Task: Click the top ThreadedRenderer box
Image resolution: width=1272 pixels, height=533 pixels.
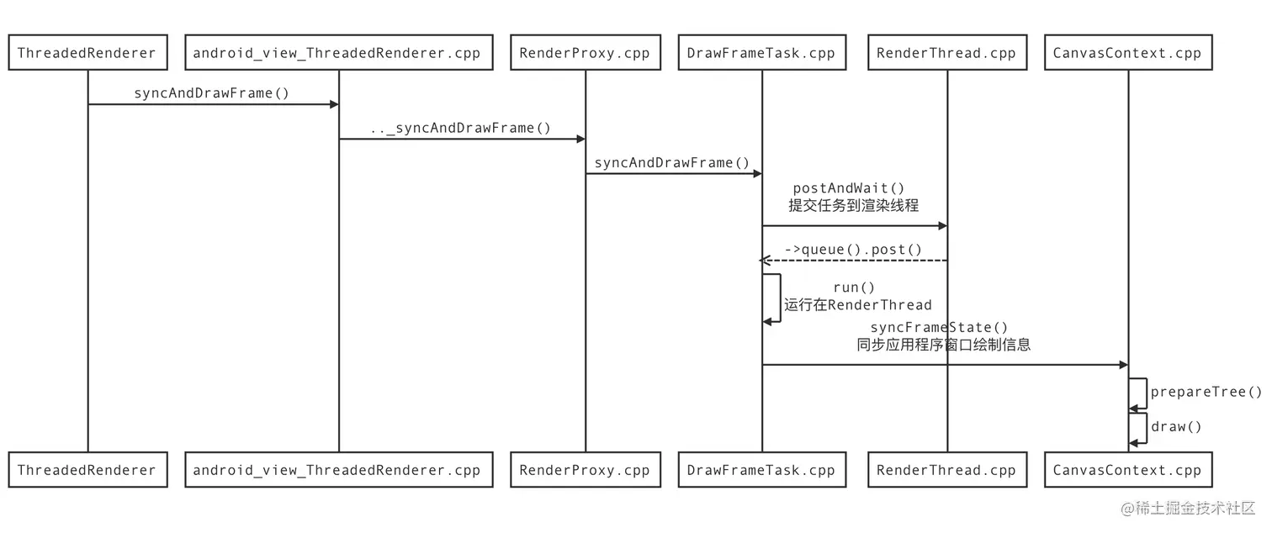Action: (87, 53)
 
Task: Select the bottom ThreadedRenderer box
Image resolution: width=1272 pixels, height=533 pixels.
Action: (87, 470)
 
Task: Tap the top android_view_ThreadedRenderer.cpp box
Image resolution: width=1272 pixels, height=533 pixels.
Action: (338, 53)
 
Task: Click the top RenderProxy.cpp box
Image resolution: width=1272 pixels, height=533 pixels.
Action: (585, 53)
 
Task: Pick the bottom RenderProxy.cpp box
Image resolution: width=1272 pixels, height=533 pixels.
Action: (585, 470)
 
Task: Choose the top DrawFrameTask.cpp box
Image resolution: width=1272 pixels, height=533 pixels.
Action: (761, 53)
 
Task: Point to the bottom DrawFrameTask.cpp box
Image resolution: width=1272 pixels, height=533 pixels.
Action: (761, 470)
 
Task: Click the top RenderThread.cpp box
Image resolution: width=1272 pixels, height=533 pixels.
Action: (946, 53)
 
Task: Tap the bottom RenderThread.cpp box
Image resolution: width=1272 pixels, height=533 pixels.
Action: (946, 470)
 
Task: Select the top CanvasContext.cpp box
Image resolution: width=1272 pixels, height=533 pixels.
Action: (1127, 53)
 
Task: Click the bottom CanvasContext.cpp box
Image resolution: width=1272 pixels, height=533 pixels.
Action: (1127, 470)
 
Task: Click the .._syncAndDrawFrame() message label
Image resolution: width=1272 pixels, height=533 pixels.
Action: (460, 128)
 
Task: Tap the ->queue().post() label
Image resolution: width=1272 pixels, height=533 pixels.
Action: (853, 250)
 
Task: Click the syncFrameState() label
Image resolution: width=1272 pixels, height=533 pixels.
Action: (939, 327)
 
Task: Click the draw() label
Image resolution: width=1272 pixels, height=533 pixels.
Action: (1176, 427)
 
